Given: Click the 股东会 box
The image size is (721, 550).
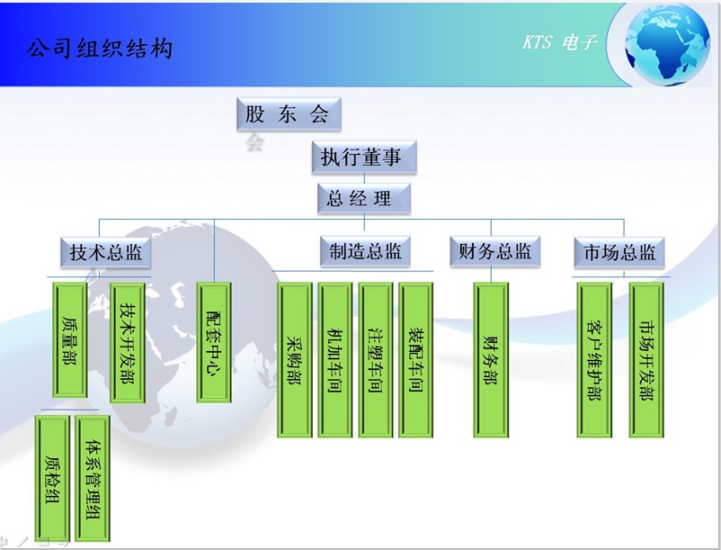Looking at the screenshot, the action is pyautogui.click(x=289, y=113).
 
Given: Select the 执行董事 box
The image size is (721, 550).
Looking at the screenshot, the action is pyautogui.click(x=364, y=157).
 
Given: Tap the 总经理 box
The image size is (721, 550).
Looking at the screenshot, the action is pyautogui.click(x=364, y=198).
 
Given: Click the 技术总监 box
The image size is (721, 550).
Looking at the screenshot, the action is pyautogui.click(x=106, y=252).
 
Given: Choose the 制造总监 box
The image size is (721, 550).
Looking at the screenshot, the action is pyautogui.click(x=365, y=251).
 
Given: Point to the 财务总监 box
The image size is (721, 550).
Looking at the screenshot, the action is pyautogui.click(x=494, y=251).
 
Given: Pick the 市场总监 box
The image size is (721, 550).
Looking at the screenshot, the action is pyautogui.click(x=619, y=252).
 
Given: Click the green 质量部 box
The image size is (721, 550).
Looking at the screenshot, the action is pyautogui.click(x=70, y=339).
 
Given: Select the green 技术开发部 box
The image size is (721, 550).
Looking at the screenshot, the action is pyautogui.click(x=128, y=343).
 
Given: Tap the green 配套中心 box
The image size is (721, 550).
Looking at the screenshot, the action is pyautogui.click(x=214, y=342).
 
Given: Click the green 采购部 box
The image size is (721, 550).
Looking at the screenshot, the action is pyautogui.click(x=295, y=360).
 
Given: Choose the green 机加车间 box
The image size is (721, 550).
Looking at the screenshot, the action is pyautogui.click(x=335, y=360).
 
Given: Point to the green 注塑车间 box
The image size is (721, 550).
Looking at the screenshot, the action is pyautogui.click(x=376, y=360).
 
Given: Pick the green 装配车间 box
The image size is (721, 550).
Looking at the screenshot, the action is pyautogui.click(x=415, y=360).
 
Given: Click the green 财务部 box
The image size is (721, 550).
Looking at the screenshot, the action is pyautogui.click(x=491, y=360).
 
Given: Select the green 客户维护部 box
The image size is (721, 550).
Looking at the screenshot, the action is pyautogui.click(x=594, y=360).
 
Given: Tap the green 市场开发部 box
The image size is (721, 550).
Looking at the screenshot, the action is pyautogui.click(x=646, y=360).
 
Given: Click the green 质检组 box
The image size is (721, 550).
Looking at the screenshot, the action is pyautogui.click(x=52, y=479).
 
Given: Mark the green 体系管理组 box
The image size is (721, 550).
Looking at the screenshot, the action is pyautogui.click(x=93, y=479).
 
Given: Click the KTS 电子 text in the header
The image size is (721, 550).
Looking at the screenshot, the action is pyautogui.click(x=559, y=42).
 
